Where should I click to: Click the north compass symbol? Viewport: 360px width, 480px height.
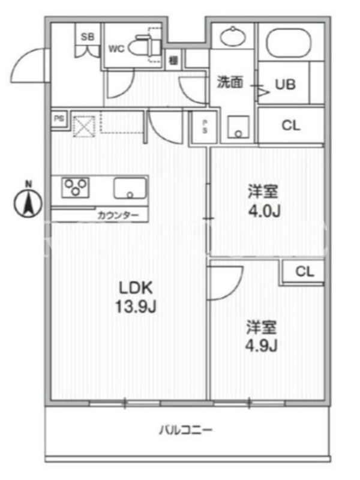click(x=28, y=200)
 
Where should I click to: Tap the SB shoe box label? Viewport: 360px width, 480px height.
click(x=88, y=37)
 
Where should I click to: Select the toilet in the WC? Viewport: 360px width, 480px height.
click(x=145, y=46)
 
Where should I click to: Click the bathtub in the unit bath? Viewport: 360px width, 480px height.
click(x=289, y=43)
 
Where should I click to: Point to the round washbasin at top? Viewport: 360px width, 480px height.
click(x=233, y=37)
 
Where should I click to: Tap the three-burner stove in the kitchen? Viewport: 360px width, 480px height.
click(x=76, y=187)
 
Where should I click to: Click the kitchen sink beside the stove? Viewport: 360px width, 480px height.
click(x=130, y=188)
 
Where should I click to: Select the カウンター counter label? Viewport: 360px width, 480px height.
click(x=118, y=215)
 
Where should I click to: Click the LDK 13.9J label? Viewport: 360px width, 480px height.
click(x=136, y=297)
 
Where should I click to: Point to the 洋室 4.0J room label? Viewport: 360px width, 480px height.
click(x=264, y=202)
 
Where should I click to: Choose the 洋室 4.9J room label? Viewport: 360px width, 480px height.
click(x=262, y=336)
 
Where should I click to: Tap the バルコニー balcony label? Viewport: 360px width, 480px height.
click(x=185, y=430)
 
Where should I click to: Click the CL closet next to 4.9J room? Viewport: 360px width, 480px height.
click(x=304, y=271)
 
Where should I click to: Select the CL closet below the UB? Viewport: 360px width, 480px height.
click(x=291, y=125)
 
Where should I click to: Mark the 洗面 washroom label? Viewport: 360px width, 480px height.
click(x=230, y=82)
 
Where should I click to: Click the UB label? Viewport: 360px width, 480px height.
click(x=286, y=85)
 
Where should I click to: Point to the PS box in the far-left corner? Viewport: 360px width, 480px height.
click(x=58, y=118)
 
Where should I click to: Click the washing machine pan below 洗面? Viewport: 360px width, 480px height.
click(x=238, y=127)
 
